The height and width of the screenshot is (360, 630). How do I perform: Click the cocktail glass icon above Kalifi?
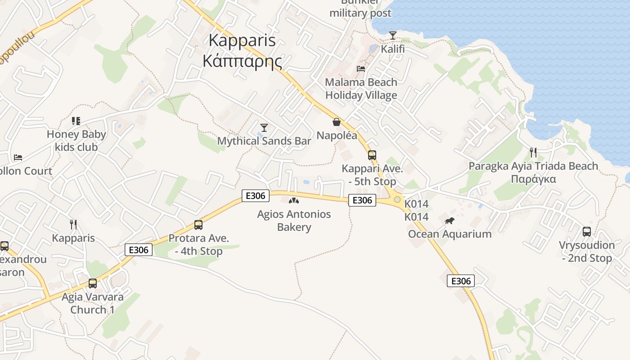(393, 35)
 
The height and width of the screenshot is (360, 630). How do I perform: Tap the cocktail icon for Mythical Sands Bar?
(264, 127)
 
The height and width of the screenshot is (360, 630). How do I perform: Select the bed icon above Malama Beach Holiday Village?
(361, 69)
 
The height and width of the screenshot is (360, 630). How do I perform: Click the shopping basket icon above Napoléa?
(336, 122)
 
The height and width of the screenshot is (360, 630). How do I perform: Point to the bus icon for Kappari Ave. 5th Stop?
(372, 155)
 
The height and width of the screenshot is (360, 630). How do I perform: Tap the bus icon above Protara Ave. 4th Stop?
(198, 225)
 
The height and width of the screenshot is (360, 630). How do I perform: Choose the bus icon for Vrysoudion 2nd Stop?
(587, 232)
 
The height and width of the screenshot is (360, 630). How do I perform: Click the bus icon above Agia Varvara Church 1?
(92, 283)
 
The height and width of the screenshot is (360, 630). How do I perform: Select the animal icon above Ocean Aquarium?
(449, 220)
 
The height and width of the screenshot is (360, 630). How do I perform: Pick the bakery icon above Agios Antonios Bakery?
(294, 201)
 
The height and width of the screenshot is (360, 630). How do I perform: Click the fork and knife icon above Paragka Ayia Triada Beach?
(533, 152)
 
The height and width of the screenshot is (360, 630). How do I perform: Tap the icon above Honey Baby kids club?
(76, 121)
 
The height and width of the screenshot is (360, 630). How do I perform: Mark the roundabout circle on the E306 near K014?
(397, 199)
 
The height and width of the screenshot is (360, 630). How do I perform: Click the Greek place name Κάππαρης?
(242, 61)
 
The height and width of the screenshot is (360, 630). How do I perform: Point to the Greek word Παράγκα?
(533, 179)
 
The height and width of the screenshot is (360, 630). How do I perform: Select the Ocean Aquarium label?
(450, 234)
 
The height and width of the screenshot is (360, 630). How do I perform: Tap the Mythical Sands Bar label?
(264, 141)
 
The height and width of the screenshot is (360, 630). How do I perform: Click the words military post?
(360, 13)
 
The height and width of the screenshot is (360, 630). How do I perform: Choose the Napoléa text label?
(337, 135)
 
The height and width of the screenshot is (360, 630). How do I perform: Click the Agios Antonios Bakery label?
(294, 220)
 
